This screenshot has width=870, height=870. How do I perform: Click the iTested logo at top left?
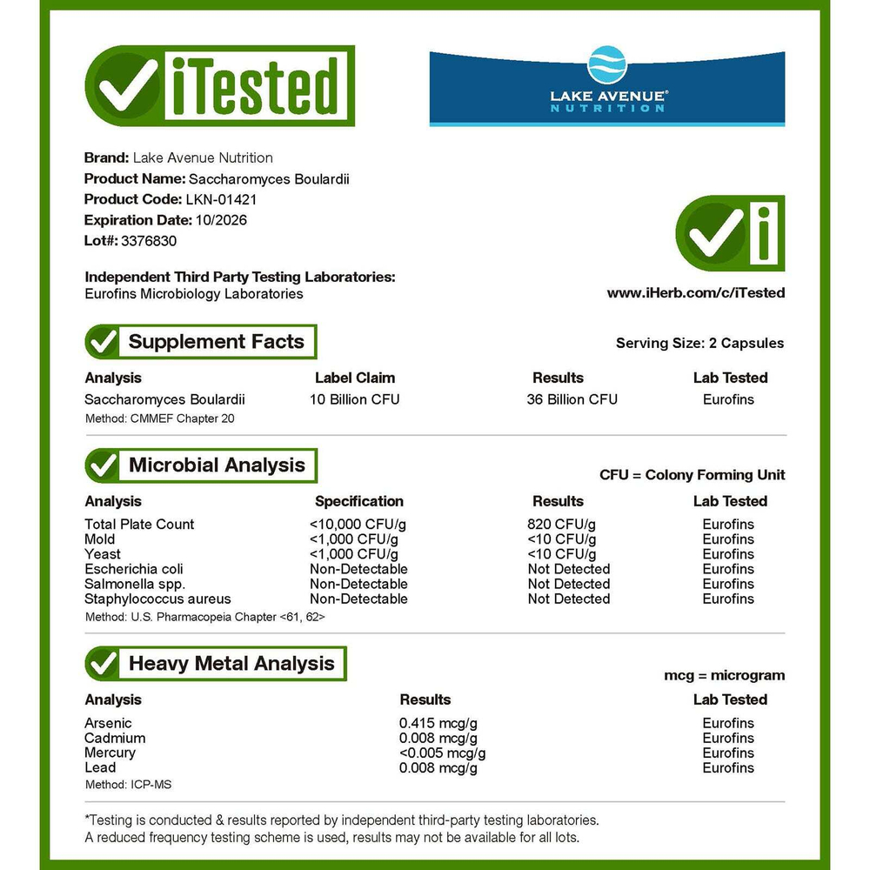coord(219,86)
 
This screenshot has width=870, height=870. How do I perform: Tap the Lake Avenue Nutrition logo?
coord(607,89)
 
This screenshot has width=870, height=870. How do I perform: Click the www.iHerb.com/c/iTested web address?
coord(695,293)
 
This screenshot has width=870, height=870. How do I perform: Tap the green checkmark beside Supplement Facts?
coord(104,342)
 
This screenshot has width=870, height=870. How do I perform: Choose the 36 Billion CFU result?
coord(572,399)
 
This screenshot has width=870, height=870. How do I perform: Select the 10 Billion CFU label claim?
coord(354,399)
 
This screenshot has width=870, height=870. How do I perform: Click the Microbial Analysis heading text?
coord(217,465)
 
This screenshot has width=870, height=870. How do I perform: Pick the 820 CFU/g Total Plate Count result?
coord(562,524)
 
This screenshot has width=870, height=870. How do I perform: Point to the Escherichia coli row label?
coord(133,569)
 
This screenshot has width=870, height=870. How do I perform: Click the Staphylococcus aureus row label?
coord(157,599)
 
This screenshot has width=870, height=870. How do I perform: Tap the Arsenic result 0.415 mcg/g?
coord(438,723)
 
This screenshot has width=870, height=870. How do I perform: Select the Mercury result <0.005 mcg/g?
coord(442,753)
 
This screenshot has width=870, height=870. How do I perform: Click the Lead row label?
coord(100,767)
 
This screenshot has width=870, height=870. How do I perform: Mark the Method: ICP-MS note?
coord(128,785)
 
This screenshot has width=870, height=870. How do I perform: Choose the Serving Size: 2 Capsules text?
coord(699,343)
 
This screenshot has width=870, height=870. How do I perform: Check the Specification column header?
coord(358,501)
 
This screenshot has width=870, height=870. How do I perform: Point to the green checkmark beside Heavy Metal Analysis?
coord(104,664)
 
